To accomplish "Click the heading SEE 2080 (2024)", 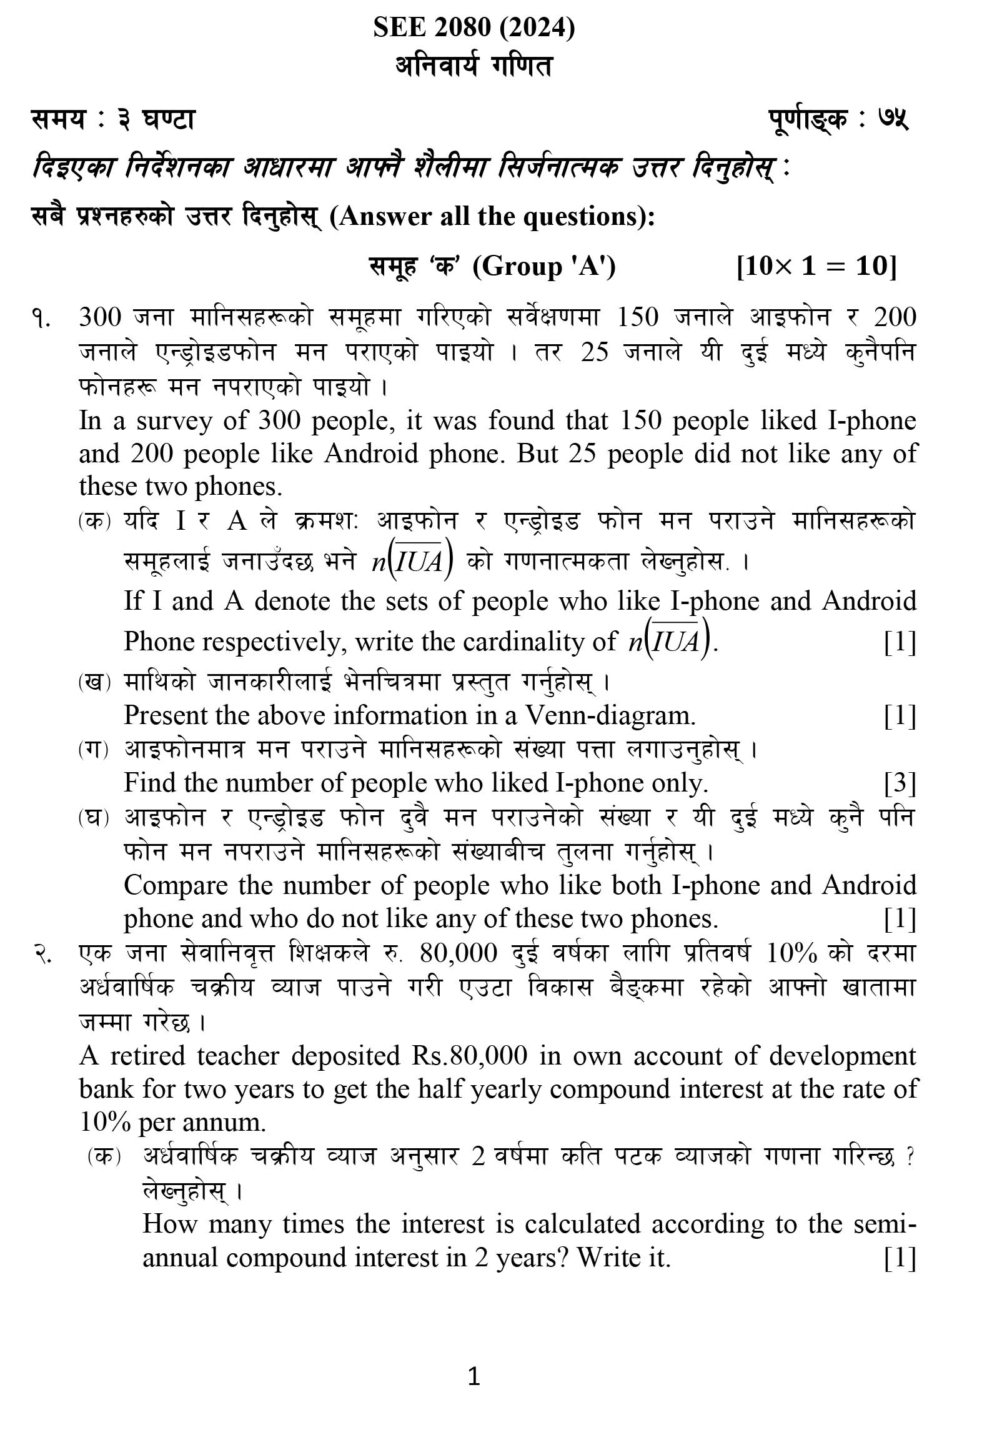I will [x=474, y=28].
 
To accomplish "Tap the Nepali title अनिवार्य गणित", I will [x=474, y=66].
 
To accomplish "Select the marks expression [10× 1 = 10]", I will [x=816, y=266].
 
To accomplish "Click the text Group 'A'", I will [x=544, y=267].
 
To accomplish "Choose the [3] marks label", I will [x=900, y=783].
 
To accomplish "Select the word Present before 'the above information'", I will [x=165, y=715].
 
